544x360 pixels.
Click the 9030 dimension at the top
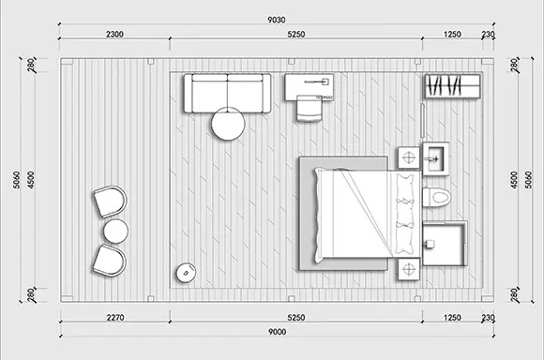point(276,20)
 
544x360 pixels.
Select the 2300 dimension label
point(114,35)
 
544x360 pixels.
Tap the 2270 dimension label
point(115,317)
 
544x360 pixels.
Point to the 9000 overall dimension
point(278,332)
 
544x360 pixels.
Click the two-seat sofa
point(228,93)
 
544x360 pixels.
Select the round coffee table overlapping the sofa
point(228,124)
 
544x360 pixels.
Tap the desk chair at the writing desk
point(310,108)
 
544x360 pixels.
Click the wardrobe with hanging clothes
point(452,86)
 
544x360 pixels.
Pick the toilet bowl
point(436,197)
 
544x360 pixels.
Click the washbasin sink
point(436,158)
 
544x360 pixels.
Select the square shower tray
point(446,244)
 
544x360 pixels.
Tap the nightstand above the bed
point(409,157)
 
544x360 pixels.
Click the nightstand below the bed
point(409,269)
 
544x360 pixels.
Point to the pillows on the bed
point(404,215)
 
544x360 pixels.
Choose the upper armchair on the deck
point(110,202)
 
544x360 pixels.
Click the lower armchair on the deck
point(109,260)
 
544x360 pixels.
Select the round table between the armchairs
point(116,231)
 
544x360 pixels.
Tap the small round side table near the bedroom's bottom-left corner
point(186,273)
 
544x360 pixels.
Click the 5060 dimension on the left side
point(16,180)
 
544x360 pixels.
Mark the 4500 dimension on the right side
point(514,180)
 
